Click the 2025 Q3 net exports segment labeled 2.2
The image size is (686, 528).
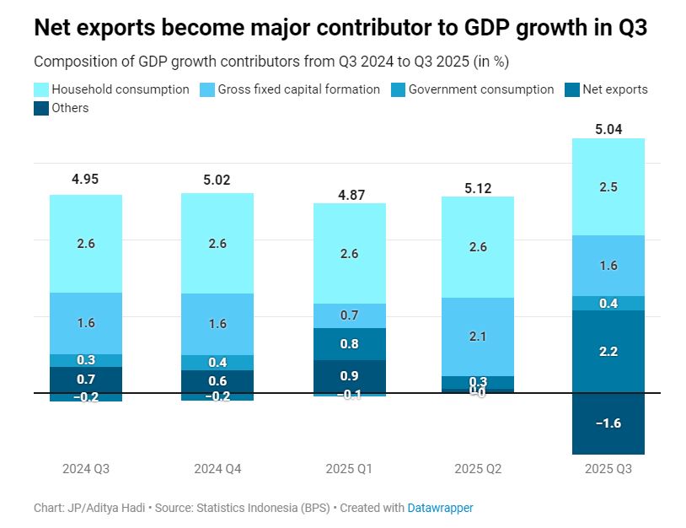(x=608, y=351)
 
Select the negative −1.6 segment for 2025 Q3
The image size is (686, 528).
(x=608, y=423)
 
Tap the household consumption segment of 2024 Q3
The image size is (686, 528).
(x=86, y=244)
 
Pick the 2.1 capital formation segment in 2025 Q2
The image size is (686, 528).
(x=478, y=337)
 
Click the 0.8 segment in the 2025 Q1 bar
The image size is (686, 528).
(x=349, y=344)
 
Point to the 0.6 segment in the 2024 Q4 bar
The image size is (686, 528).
(x=217, y=380)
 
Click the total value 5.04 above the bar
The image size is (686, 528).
(x=608, y=129)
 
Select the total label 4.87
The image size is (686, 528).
(x=349, y=194)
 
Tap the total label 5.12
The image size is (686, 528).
(x=478, y=187)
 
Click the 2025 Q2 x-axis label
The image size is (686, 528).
(x=478, y=468)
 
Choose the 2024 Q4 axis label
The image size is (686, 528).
(x=217, y=468)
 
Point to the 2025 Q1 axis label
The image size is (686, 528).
(x=349, y=468)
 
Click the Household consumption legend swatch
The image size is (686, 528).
(x=41, y=89)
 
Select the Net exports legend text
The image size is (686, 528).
(x=616, y=89)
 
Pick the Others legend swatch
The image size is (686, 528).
(x=41, y=108)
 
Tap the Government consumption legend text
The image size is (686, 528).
(x=481, y=89)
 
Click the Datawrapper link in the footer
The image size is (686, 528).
(x=440, y=508)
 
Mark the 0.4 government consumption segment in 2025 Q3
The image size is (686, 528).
(x=608, y=303)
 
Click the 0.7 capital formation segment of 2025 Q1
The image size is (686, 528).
(x=349, y=315)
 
